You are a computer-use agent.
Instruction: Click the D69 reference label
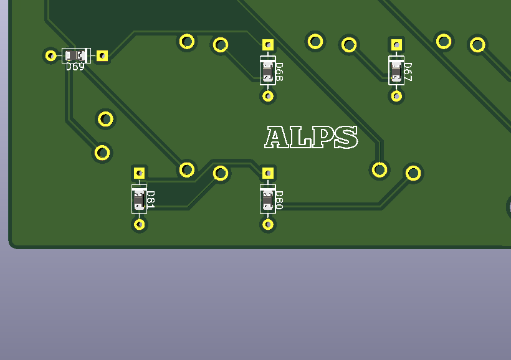pos(75,67)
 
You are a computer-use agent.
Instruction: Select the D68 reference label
pos(279,72)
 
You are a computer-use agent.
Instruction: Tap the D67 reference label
pos(408,72)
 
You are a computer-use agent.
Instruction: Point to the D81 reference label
pos(150,199)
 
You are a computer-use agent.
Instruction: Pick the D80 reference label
pos(279,200)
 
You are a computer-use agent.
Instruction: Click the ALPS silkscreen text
pos(311,138)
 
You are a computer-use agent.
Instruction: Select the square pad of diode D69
pos(102,56)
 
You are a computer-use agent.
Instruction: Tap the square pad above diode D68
pos(268,45)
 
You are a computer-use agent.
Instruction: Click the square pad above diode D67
pos(396,45)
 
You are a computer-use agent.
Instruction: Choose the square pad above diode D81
pos(140,173)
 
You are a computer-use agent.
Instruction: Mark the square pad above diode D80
pos(268,173)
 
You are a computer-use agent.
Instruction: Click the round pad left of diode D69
pos(50,55)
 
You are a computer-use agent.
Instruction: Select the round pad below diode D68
pos(268,96)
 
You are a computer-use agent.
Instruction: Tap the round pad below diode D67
pos(396,96)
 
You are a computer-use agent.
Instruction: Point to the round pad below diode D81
pos(140,224)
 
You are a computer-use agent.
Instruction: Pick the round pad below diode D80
pos(268,224)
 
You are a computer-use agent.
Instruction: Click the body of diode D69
pos(76,55)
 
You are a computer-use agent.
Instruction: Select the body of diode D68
pos(268,70)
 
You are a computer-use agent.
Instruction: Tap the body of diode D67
pos(396,70)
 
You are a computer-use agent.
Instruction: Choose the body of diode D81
pos(140,199)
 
